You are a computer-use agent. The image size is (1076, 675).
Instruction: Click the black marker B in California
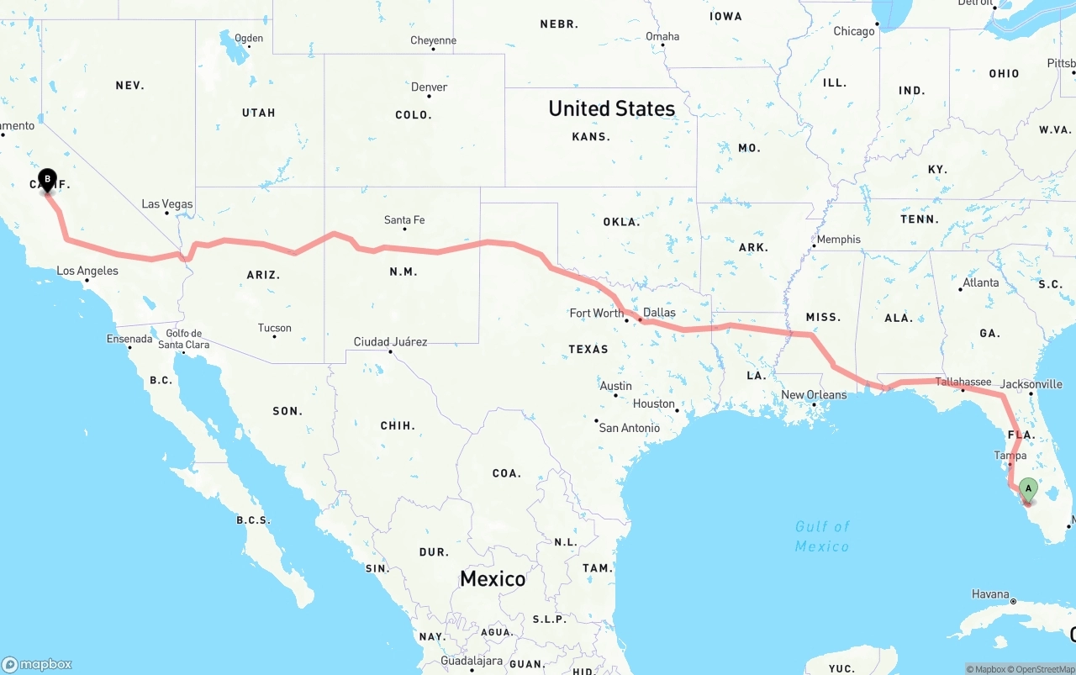click(x=48, y=179)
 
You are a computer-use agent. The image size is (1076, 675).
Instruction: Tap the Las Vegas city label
click(x=167, y=204)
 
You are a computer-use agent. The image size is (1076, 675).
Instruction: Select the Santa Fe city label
click(x=404, y=220)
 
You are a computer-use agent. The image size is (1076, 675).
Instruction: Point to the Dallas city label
click(x=659, y=313)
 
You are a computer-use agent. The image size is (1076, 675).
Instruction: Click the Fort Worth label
click(x=596, y=314)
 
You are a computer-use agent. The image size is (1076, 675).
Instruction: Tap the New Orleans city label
click(x=814, y=395)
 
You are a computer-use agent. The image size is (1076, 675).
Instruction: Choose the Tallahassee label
click(x=963, y=382)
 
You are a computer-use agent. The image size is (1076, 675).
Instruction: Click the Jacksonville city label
click(x=1032, y=384)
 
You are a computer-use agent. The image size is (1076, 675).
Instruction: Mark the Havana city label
click(x=990, y=594)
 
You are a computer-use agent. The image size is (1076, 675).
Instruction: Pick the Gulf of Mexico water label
click(x=822, y=536)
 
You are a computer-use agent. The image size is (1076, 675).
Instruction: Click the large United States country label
click(x=611, y=108)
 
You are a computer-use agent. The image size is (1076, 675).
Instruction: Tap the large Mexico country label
click(x=493, y=578)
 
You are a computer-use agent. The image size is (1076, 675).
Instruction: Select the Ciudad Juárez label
click(x=390, y=342)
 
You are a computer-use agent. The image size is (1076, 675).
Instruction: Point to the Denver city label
click(x=429, y=87)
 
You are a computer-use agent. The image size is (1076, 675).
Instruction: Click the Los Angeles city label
click(x=87, y=272)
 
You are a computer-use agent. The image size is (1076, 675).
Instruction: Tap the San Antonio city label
click(x=629, y=428)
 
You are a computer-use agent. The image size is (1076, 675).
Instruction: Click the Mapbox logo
click(x=37, y=664)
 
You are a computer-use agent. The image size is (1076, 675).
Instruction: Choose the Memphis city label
click(x=838, y=240)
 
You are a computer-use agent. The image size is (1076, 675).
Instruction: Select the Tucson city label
click(x=275, y=329)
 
